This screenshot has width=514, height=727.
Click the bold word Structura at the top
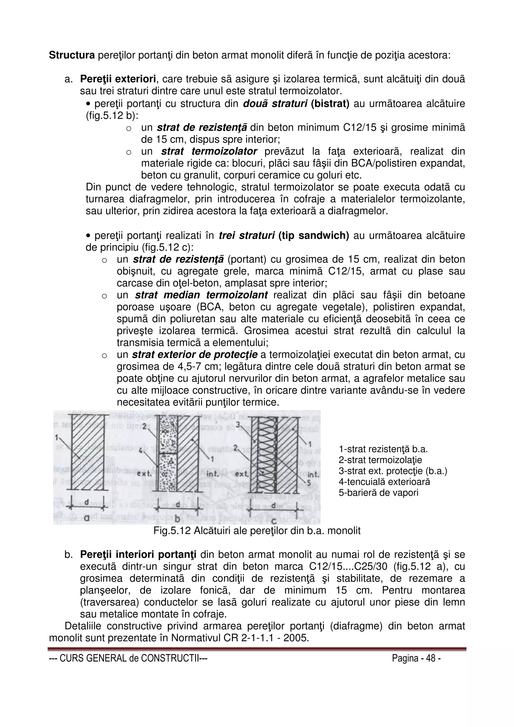pyautogui.click(x=72, y=55)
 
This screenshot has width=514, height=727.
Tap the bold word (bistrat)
pyautogui.click(x=330, y=104)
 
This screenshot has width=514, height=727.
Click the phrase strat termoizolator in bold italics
pyautogui.click(x=209, y=151)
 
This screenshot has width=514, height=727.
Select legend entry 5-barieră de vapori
pyautogui.click(x=378, y=493)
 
